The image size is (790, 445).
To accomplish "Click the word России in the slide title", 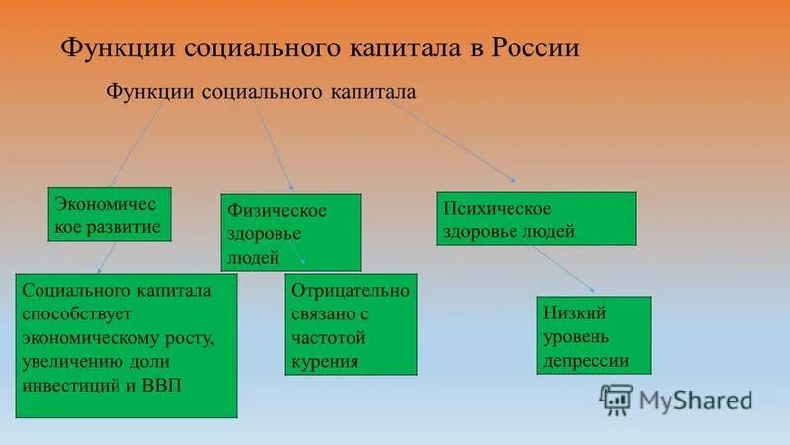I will pyautogui.click(x=529, y=48).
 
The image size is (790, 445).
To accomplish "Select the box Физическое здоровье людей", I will pyautogui.click(x=290, y=233).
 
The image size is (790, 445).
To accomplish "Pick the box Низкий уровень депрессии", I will pyautogui.click(x=593, y=335).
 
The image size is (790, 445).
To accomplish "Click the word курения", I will pyautogui.click(x=325, y=362).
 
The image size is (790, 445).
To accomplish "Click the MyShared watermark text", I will pyautogui.click(x=695, y=400).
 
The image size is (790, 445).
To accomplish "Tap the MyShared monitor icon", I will pyautogui.click(x=616, y=400).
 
